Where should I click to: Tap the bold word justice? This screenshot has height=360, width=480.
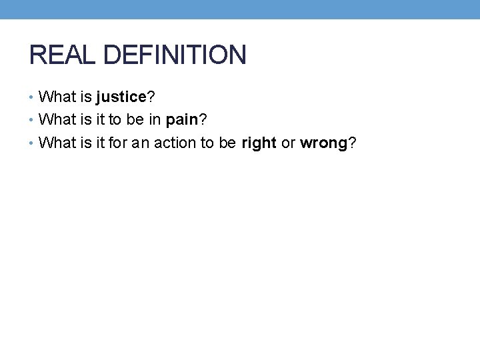coord(121,97)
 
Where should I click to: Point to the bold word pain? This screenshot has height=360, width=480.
coord(182,120)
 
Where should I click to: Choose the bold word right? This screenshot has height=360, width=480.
coord(259,143)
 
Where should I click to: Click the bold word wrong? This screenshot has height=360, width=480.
coord(323,143)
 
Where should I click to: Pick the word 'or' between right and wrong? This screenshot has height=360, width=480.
coord(288,143)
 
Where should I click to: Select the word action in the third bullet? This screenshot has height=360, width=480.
coord(175,143)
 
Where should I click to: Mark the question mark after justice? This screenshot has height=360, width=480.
coord(151,97)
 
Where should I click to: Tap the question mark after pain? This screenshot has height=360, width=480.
coord(203,120)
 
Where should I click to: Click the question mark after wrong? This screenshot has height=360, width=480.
coord(351,143)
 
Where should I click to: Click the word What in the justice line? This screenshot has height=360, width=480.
coord(58,97)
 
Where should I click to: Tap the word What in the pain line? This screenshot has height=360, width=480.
coord(58,120)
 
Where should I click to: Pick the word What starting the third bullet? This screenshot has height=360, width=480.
coord(58,143)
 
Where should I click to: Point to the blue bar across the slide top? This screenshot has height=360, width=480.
coord(240,9)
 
